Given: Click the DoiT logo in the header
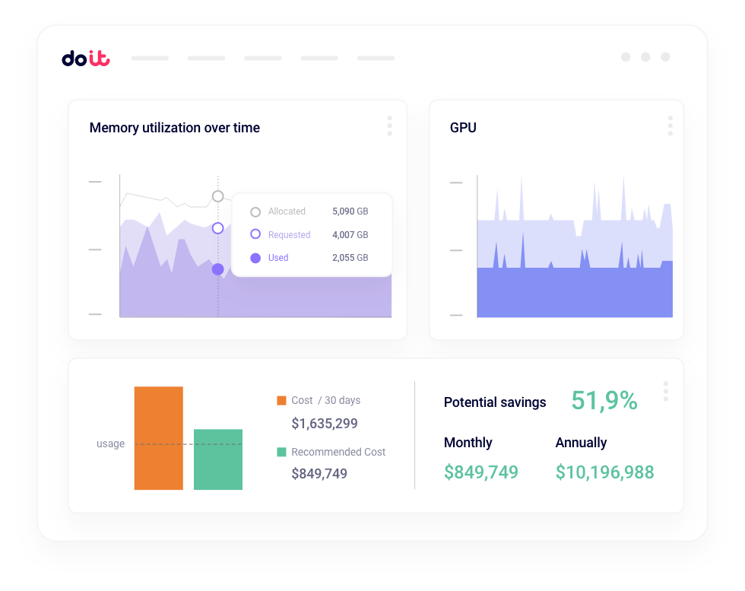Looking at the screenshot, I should point(85,58).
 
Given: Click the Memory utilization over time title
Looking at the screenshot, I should point(175,128).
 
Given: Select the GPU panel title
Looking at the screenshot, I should point(463,128).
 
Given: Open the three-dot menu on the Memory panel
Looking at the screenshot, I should point(389,126).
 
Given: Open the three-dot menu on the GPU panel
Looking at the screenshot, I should point(670,126).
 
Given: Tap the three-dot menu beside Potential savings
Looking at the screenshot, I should point(665,391).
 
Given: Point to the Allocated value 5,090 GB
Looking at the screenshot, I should point(350,211).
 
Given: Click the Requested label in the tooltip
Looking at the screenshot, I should point(289,235).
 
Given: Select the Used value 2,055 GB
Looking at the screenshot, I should point(350,258).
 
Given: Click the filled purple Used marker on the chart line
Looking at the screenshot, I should point(217,269).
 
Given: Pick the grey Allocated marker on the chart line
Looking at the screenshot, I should point(217,196).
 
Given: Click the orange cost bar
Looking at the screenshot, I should point(158,438).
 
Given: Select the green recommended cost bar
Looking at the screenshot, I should point(217,459).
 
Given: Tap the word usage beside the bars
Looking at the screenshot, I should point(110,444).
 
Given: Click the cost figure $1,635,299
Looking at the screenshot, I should point(325,424).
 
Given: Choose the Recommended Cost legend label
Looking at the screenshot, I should point(338,452).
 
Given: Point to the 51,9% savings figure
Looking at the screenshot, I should point(604,401).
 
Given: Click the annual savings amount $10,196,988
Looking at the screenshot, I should point(604,472).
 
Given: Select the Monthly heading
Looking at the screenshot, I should point(468,443).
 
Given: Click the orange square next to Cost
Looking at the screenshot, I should point(281,400).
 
